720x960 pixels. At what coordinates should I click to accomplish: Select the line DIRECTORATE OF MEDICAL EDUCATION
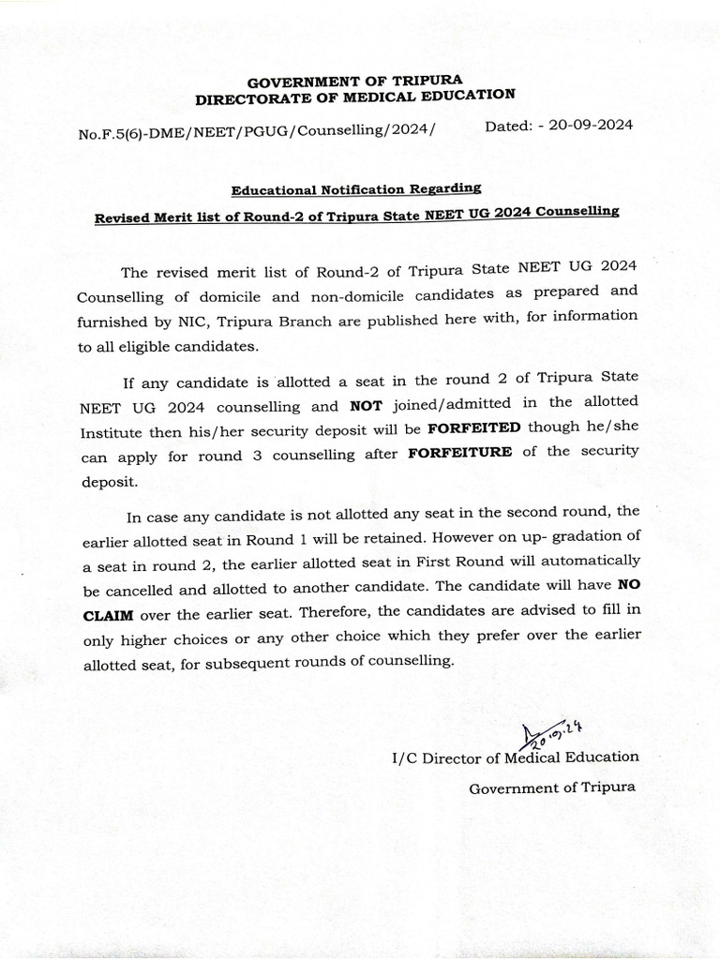click(355, 97)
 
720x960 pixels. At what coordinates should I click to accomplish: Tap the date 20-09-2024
click(586, 126)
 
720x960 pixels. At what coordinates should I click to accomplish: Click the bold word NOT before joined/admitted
click(367, 407)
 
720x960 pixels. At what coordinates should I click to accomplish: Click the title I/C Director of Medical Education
click(516, 757)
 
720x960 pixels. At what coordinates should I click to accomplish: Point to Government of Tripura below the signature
click(551, 787)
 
